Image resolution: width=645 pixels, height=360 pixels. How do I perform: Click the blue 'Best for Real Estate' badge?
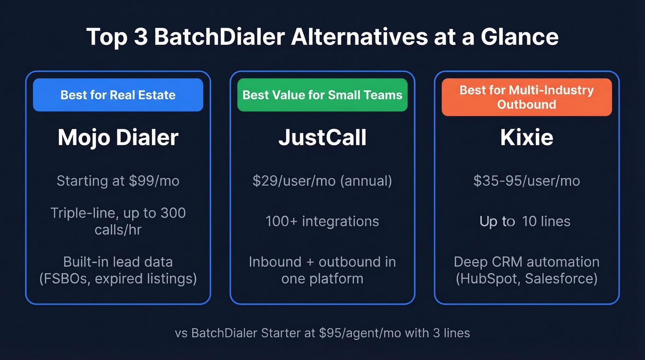click(118, 95)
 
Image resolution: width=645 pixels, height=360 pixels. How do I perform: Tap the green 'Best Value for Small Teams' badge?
click(322, 95)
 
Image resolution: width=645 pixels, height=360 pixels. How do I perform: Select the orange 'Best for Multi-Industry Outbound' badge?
click(527, 97)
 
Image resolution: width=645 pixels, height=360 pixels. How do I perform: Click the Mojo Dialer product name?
click(118, 137)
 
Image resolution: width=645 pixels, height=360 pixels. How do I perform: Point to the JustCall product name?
click(322, 137)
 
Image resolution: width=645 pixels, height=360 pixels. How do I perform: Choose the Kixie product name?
click(527, 137)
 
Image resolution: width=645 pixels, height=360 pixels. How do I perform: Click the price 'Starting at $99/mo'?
click(118, 181)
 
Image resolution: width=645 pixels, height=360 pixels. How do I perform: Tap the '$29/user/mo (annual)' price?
click(322, 181)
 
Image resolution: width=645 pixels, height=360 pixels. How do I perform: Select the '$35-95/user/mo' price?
click(527, 181)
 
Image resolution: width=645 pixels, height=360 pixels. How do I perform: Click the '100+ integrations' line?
click(322, 221)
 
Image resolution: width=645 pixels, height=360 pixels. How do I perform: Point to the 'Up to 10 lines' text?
click(525, 221)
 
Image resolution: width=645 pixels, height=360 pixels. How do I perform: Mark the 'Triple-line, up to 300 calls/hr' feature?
click(118, 221)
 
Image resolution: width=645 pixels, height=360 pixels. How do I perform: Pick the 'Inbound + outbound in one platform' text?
click(322, 270)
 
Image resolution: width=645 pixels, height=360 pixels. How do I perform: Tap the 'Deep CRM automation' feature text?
click(527, 262)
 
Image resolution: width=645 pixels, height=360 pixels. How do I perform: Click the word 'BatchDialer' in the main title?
click(219, 37)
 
